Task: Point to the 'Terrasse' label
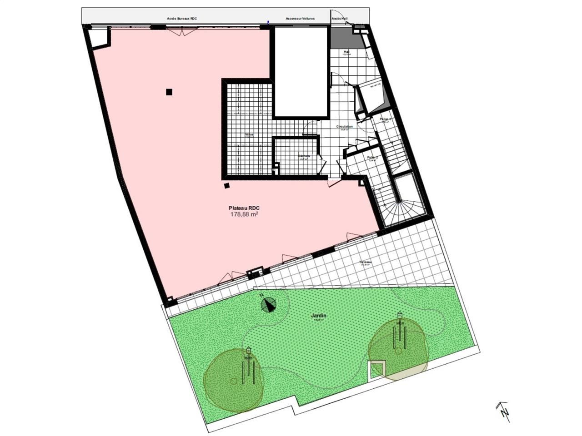pyautogui.click(x=365, y=263)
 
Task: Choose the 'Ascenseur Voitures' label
pyautogui.click(x=300, y=19)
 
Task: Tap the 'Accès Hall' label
pyautogui.click(x=340, y=19)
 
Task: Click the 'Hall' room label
pyautogui.click(x=346, y=52)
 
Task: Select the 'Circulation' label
pyautogui.click(x=344, y=127)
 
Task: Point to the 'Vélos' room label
pyautogui.click(x=249, y=135)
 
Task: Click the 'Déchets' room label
pyautogui.click(x=304, y=156)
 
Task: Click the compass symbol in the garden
pyautogui.click(x=269, y=304)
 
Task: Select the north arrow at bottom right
pyautogui.click(x=502, y=410)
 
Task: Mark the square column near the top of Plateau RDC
pyautogui.click(x=169, y=92)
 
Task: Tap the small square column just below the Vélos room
pyautogui.click(x=226, y=185)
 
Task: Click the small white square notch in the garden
pyautogui.click(x=376, y=369)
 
